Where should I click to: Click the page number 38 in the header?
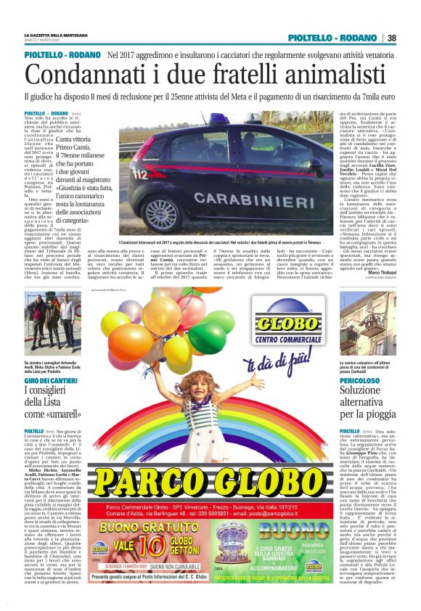click(391, 38)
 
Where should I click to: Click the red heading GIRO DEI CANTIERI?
click(49, 380)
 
